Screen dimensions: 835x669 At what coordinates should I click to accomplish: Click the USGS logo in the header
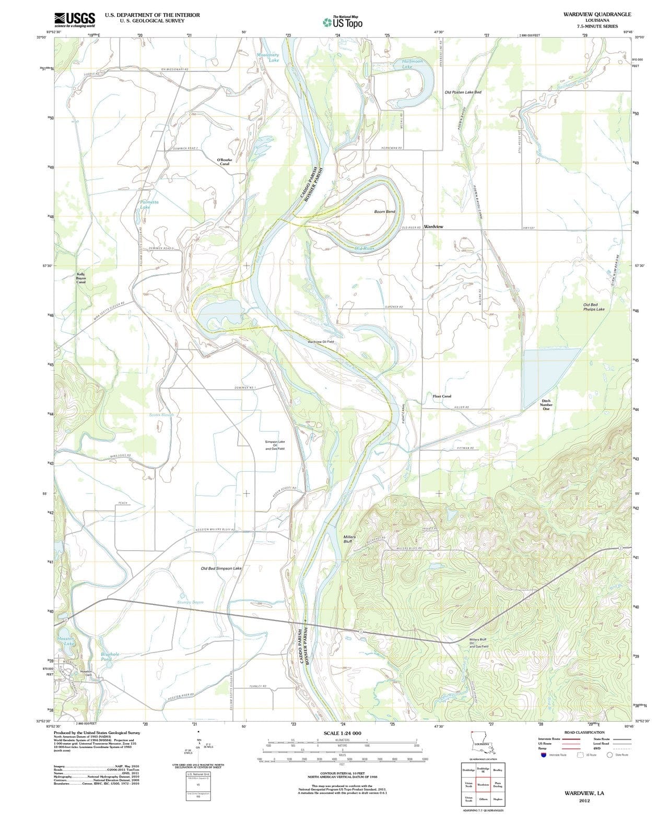(75, 19)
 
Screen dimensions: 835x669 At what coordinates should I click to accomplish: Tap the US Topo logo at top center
(342, 22)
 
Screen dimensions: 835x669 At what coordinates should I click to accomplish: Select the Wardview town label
(433, 226)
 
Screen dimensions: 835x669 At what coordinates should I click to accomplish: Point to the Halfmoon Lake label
(413, 64)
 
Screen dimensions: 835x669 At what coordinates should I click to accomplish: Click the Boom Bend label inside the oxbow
(384, 212)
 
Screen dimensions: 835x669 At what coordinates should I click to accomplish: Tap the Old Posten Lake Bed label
(463, 92)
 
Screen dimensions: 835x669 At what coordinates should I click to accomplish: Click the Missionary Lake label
(268, 57)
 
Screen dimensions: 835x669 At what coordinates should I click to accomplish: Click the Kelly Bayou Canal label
(81, 278)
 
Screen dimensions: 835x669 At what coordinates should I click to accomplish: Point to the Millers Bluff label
(349, 539)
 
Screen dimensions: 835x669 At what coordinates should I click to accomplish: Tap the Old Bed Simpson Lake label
(221, 568)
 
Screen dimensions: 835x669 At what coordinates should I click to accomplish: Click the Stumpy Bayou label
(190, 602)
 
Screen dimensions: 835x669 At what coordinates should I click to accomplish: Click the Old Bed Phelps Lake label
(594, 307)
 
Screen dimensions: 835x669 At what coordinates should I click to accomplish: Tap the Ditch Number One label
(546, 404)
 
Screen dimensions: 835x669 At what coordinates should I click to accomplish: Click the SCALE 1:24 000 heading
(342, 733)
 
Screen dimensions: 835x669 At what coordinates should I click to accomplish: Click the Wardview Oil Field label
(320, 342)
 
